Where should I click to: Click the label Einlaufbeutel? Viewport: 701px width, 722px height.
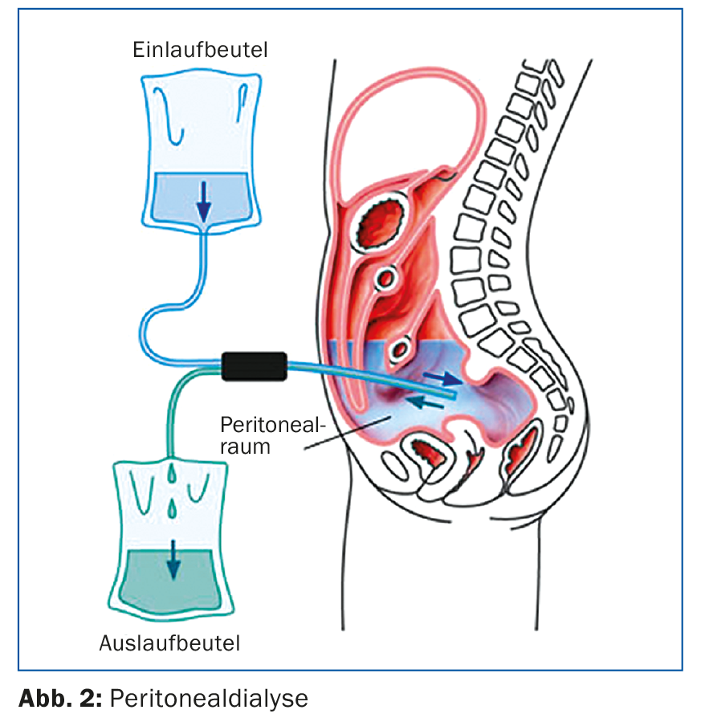(200, 51)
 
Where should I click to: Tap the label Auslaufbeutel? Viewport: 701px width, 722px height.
(170, 642)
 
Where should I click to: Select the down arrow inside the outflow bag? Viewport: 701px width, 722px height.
(172, 566)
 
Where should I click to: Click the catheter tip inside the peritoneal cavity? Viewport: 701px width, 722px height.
(454, 395)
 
